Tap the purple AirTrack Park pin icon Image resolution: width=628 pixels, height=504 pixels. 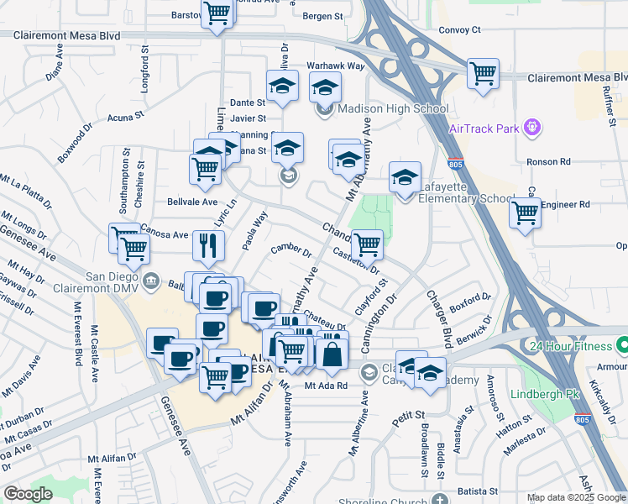531,128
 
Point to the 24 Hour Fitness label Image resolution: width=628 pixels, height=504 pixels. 571,345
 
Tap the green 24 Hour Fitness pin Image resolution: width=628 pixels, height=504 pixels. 622,345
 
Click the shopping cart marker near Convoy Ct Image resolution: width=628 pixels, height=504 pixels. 483,73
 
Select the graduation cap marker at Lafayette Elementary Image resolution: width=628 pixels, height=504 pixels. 405,177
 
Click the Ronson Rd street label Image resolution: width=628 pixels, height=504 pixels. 547,161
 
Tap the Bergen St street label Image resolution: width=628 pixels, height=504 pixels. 323,16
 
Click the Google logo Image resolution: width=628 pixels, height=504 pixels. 28,494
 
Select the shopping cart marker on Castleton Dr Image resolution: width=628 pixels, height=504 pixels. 366,244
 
